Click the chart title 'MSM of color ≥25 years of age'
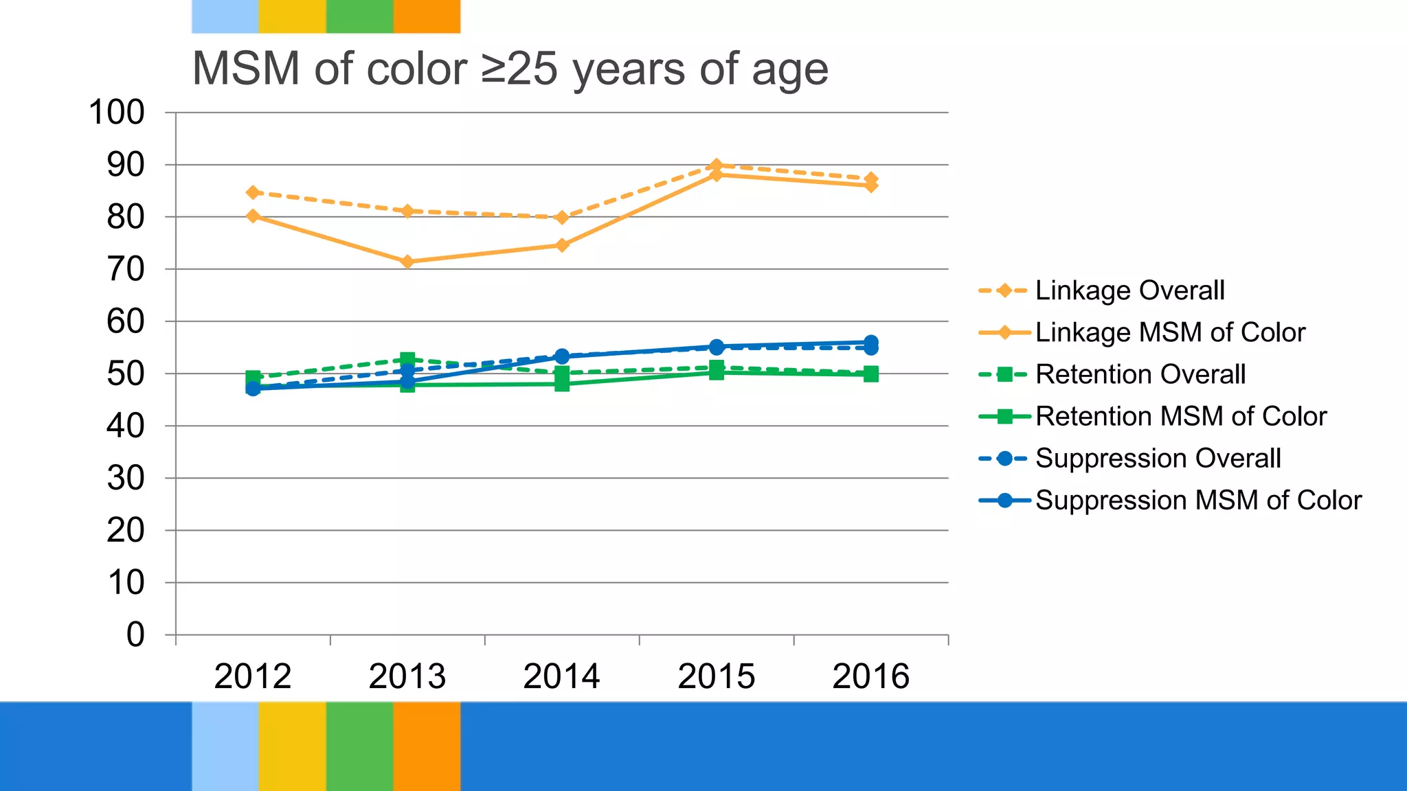pos(510,69)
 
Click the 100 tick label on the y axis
pos(117,113)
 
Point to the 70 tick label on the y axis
pos(126,269)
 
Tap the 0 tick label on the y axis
pos(135,634)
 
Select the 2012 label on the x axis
pos(253,676)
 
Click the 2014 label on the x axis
pos(562,676)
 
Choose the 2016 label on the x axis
pos(870,676)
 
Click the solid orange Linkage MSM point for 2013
pos(407,262)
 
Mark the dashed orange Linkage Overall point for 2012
pos(253,192)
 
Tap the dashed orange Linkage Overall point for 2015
pos(717,165)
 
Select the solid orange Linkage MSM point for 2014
pos(562,245)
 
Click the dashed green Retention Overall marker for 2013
pos(407,359)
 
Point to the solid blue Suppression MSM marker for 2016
pos(870,342)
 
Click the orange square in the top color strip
pos(427,16)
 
